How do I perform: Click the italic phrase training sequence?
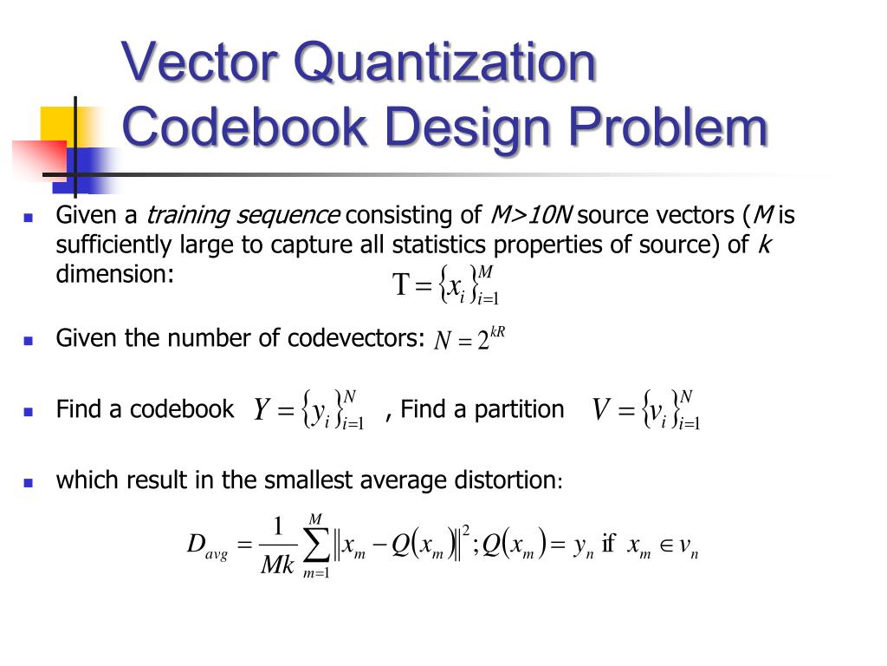pyautogui.click(x=242, y=215)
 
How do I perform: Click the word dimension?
pyautogui.click(x=114, y=274)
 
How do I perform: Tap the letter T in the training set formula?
pyautogui.click(x=400, y=285)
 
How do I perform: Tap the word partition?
pyautogui.click(x=521, y=409)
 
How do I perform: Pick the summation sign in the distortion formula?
pyautogui.click(x=316, y=545)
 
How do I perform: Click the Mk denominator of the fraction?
pyautogui.click(x=278, y=565)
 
